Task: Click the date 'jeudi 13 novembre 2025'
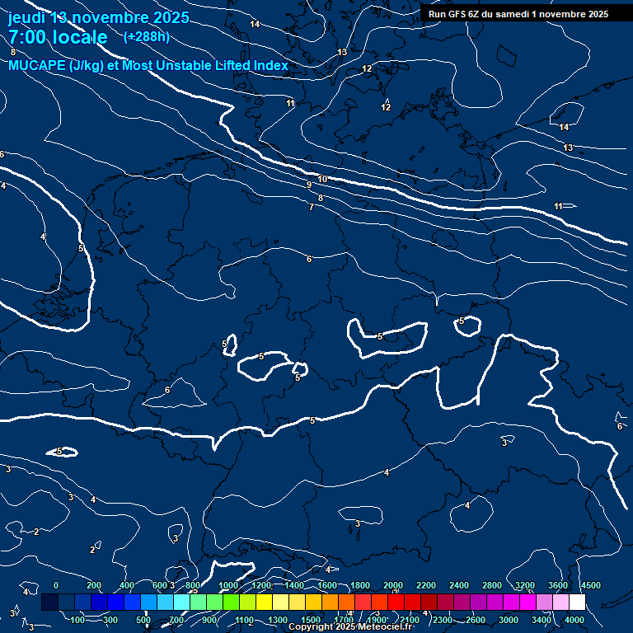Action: click(98, 17)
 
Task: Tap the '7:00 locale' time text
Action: click(58, 37)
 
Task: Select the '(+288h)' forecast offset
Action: click(146, 37)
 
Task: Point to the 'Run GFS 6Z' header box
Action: click(518, 14)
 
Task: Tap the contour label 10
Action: click(322, 179)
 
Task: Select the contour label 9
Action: click(309, 185)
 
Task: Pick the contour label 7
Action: click(311, 207)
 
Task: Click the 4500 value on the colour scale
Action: click(590, 585)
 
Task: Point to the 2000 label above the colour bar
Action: click(393, 585)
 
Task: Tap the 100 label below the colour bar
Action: click(78, 620)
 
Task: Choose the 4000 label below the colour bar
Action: click(574, 620)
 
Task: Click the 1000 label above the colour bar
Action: click(228, 585)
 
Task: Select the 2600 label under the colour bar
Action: click(476, 620)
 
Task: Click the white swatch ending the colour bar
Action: click(577, 603)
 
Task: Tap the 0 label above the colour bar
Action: click(55, 585)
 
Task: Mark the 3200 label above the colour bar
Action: click(525, 585)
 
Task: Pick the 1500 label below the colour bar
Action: click(311, 620)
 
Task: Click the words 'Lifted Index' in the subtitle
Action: click(247, 66)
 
